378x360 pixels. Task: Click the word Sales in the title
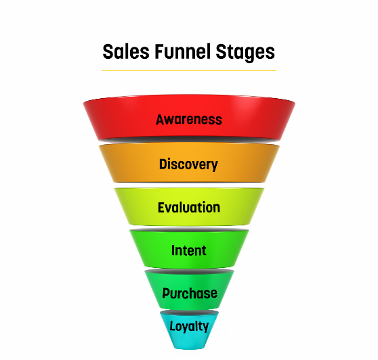pyautogui.click(x=126, y=51)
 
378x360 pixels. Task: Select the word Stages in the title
pyautogui.click(x=245, y=53)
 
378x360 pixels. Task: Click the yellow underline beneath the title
pyautogui.click(x=189, y=71)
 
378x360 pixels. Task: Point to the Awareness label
pyautogui.click(x=189, y=120)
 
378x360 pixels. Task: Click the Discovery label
pyautogui.click(x=188, y=164)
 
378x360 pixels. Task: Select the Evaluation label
pyautogui.click(x=189, y=207)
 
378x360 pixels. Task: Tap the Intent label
pyautogui.click(x=189, y=250)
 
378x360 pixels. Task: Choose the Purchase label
pyautogui.click(x=190, y=294)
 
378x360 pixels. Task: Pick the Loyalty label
pyautogui.click(x=189, y=327)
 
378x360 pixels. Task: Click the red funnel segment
pyautogui.click(x=189, y=118)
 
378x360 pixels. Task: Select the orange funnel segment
pyautogui.click(x=189, y=162)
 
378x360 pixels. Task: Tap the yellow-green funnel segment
pyautogui.click(x=189, y=206)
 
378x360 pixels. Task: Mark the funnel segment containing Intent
pyautogui.click(x=189, y=248)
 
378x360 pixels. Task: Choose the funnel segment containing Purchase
pyautogui.click(x=189, y=290)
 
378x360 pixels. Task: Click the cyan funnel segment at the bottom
pyautogui.click(x=189, y=330)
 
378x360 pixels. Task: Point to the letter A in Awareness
pyautogui.click(x=161, y=120)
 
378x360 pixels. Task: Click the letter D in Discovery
pyautogui.click(x=163, y=164)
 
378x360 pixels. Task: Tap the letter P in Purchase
pyautogui.click(x=166, y=293)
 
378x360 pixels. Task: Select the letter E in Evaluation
pyautogui.click(x=161, y=207)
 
